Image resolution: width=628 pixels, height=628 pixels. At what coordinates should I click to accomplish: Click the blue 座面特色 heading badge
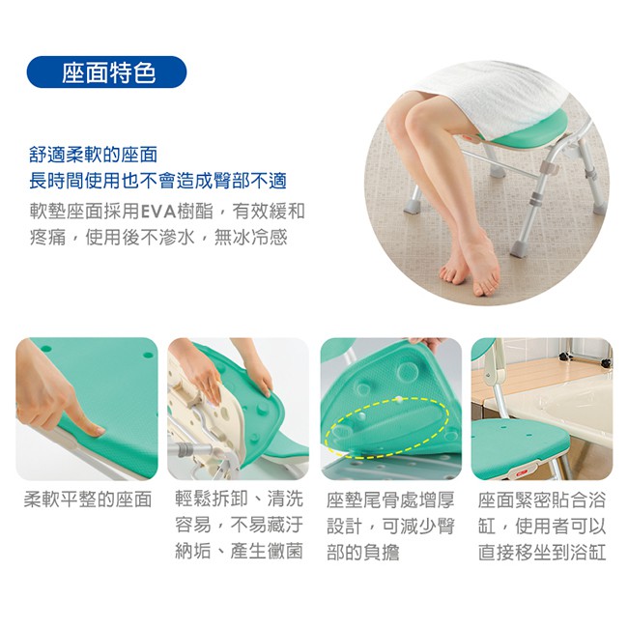coord(106,72)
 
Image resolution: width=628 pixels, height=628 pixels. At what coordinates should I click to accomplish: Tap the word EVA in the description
coord(158,212)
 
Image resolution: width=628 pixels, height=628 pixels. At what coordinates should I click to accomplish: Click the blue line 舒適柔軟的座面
coord(94,155)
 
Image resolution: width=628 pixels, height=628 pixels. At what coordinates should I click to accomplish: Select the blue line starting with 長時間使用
coord(157,181)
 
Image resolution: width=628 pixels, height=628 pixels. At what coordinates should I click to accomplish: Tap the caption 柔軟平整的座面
coord(88,500)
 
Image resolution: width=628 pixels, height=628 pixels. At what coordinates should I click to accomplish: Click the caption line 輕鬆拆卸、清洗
coord(239,499)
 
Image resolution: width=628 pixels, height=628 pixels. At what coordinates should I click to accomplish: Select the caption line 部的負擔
coord(363,553)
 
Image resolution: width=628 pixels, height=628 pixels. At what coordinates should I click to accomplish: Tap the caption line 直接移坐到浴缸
coord(541,553)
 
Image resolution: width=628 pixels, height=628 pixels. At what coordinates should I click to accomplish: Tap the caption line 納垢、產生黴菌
coord(239,552)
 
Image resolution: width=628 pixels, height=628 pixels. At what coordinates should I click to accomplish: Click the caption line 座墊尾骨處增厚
coord(390,500)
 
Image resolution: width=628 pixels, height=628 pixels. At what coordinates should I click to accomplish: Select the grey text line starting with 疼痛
coord(158,237)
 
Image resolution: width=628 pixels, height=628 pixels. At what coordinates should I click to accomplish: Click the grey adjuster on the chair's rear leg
coord(536,198)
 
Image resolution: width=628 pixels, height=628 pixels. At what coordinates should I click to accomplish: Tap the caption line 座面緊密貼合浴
coord(541,500)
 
